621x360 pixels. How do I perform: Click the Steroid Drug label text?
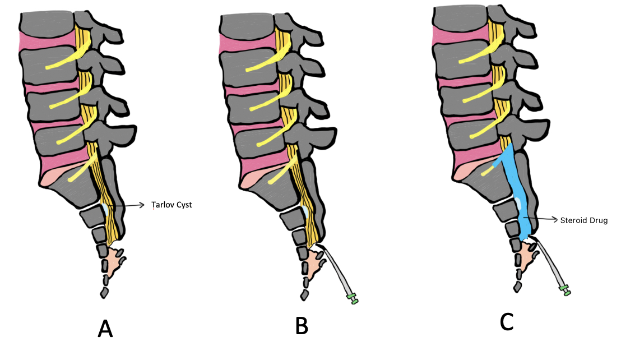[x=583, y=220]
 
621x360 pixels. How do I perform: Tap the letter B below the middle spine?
[x=301, y=325]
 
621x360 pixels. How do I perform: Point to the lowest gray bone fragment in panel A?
[x=104, y=292]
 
